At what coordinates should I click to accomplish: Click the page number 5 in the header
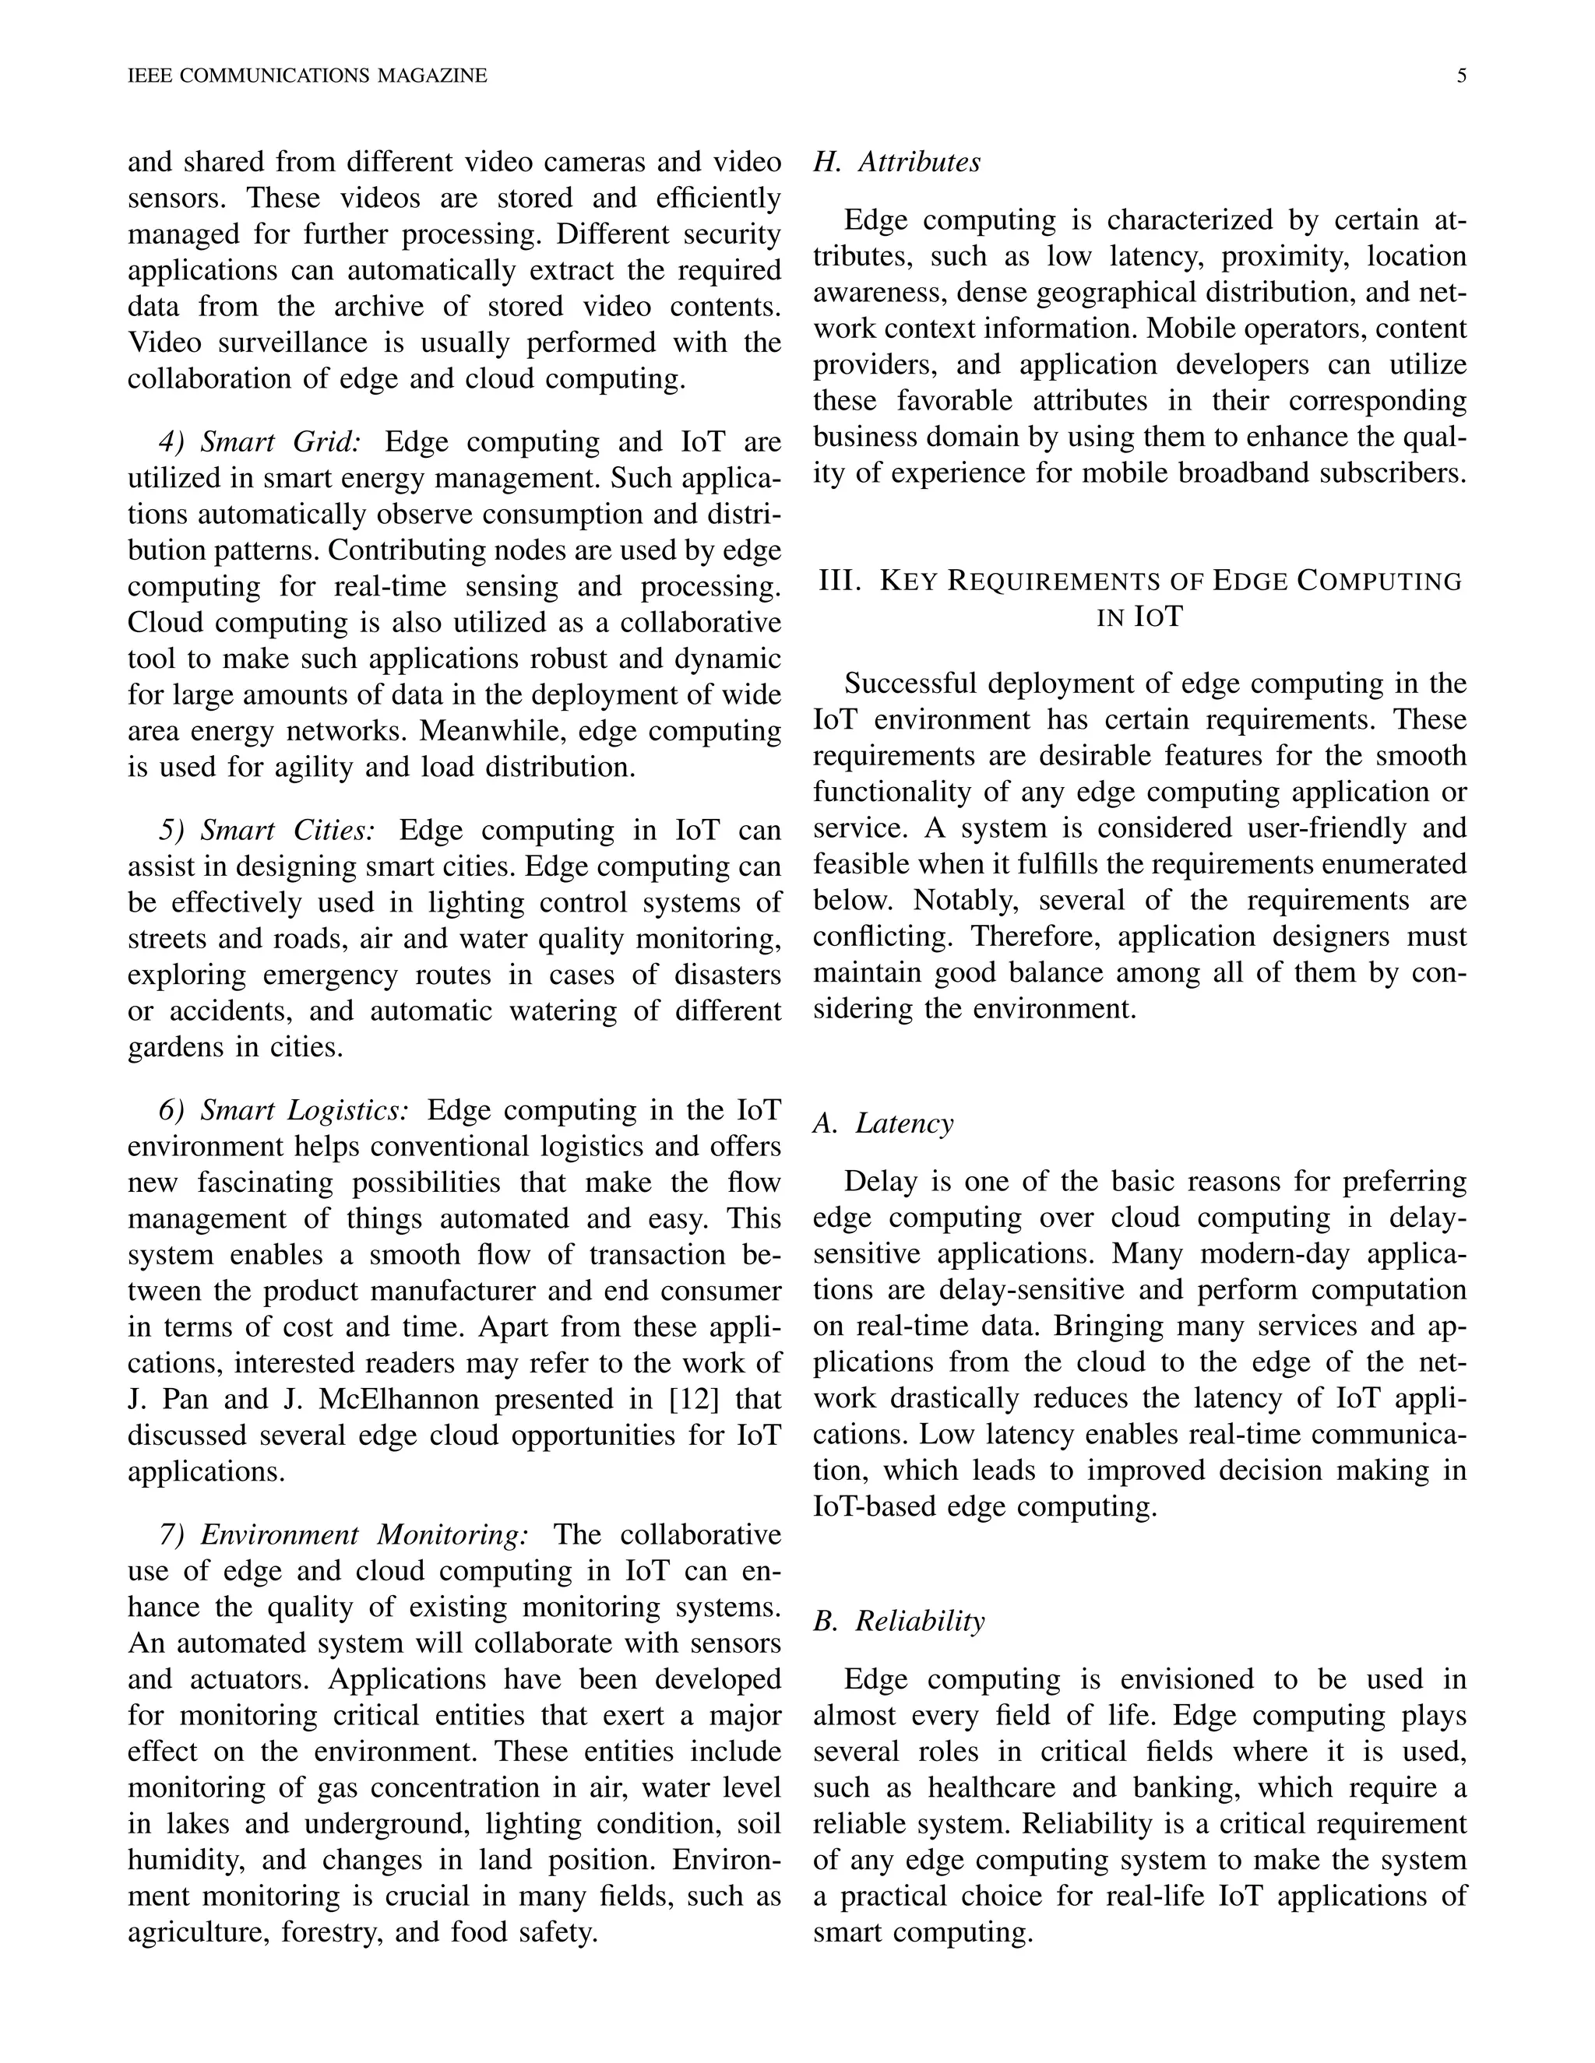(1461, 76)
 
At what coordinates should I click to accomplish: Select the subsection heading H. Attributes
(896, 163)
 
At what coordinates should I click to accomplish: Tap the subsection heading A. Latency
(883, 1123)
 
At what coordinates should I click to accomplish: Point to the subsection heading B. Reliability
(899, 1621)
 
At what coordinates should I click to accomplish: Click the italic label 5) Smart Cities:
(267, 831)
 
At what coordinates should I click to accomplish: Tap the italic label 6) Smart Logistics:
(283, 1110)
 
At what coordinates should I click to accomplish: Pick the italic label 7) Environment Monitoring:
(343, 1535)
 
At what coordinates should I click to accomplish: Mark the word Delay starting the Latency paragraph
(876, 1182)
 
